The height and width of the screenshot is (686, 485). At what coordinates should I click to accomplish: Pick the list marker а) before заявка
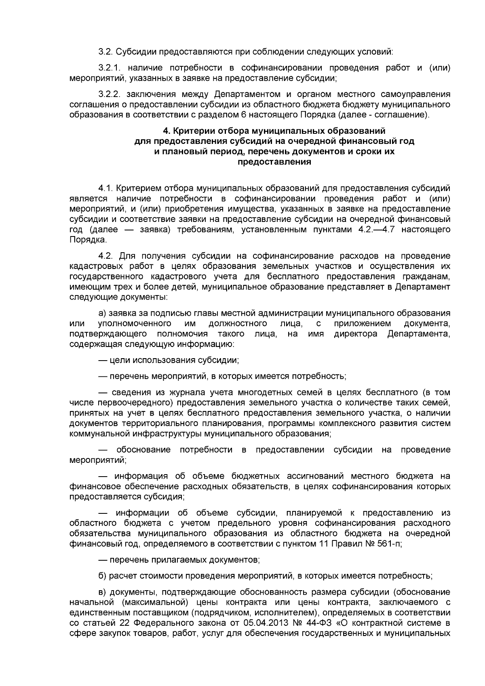(x=102, y=314)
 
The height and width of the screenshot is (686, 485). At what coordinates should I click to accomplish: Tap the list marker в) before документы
(x=102, y=592)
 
